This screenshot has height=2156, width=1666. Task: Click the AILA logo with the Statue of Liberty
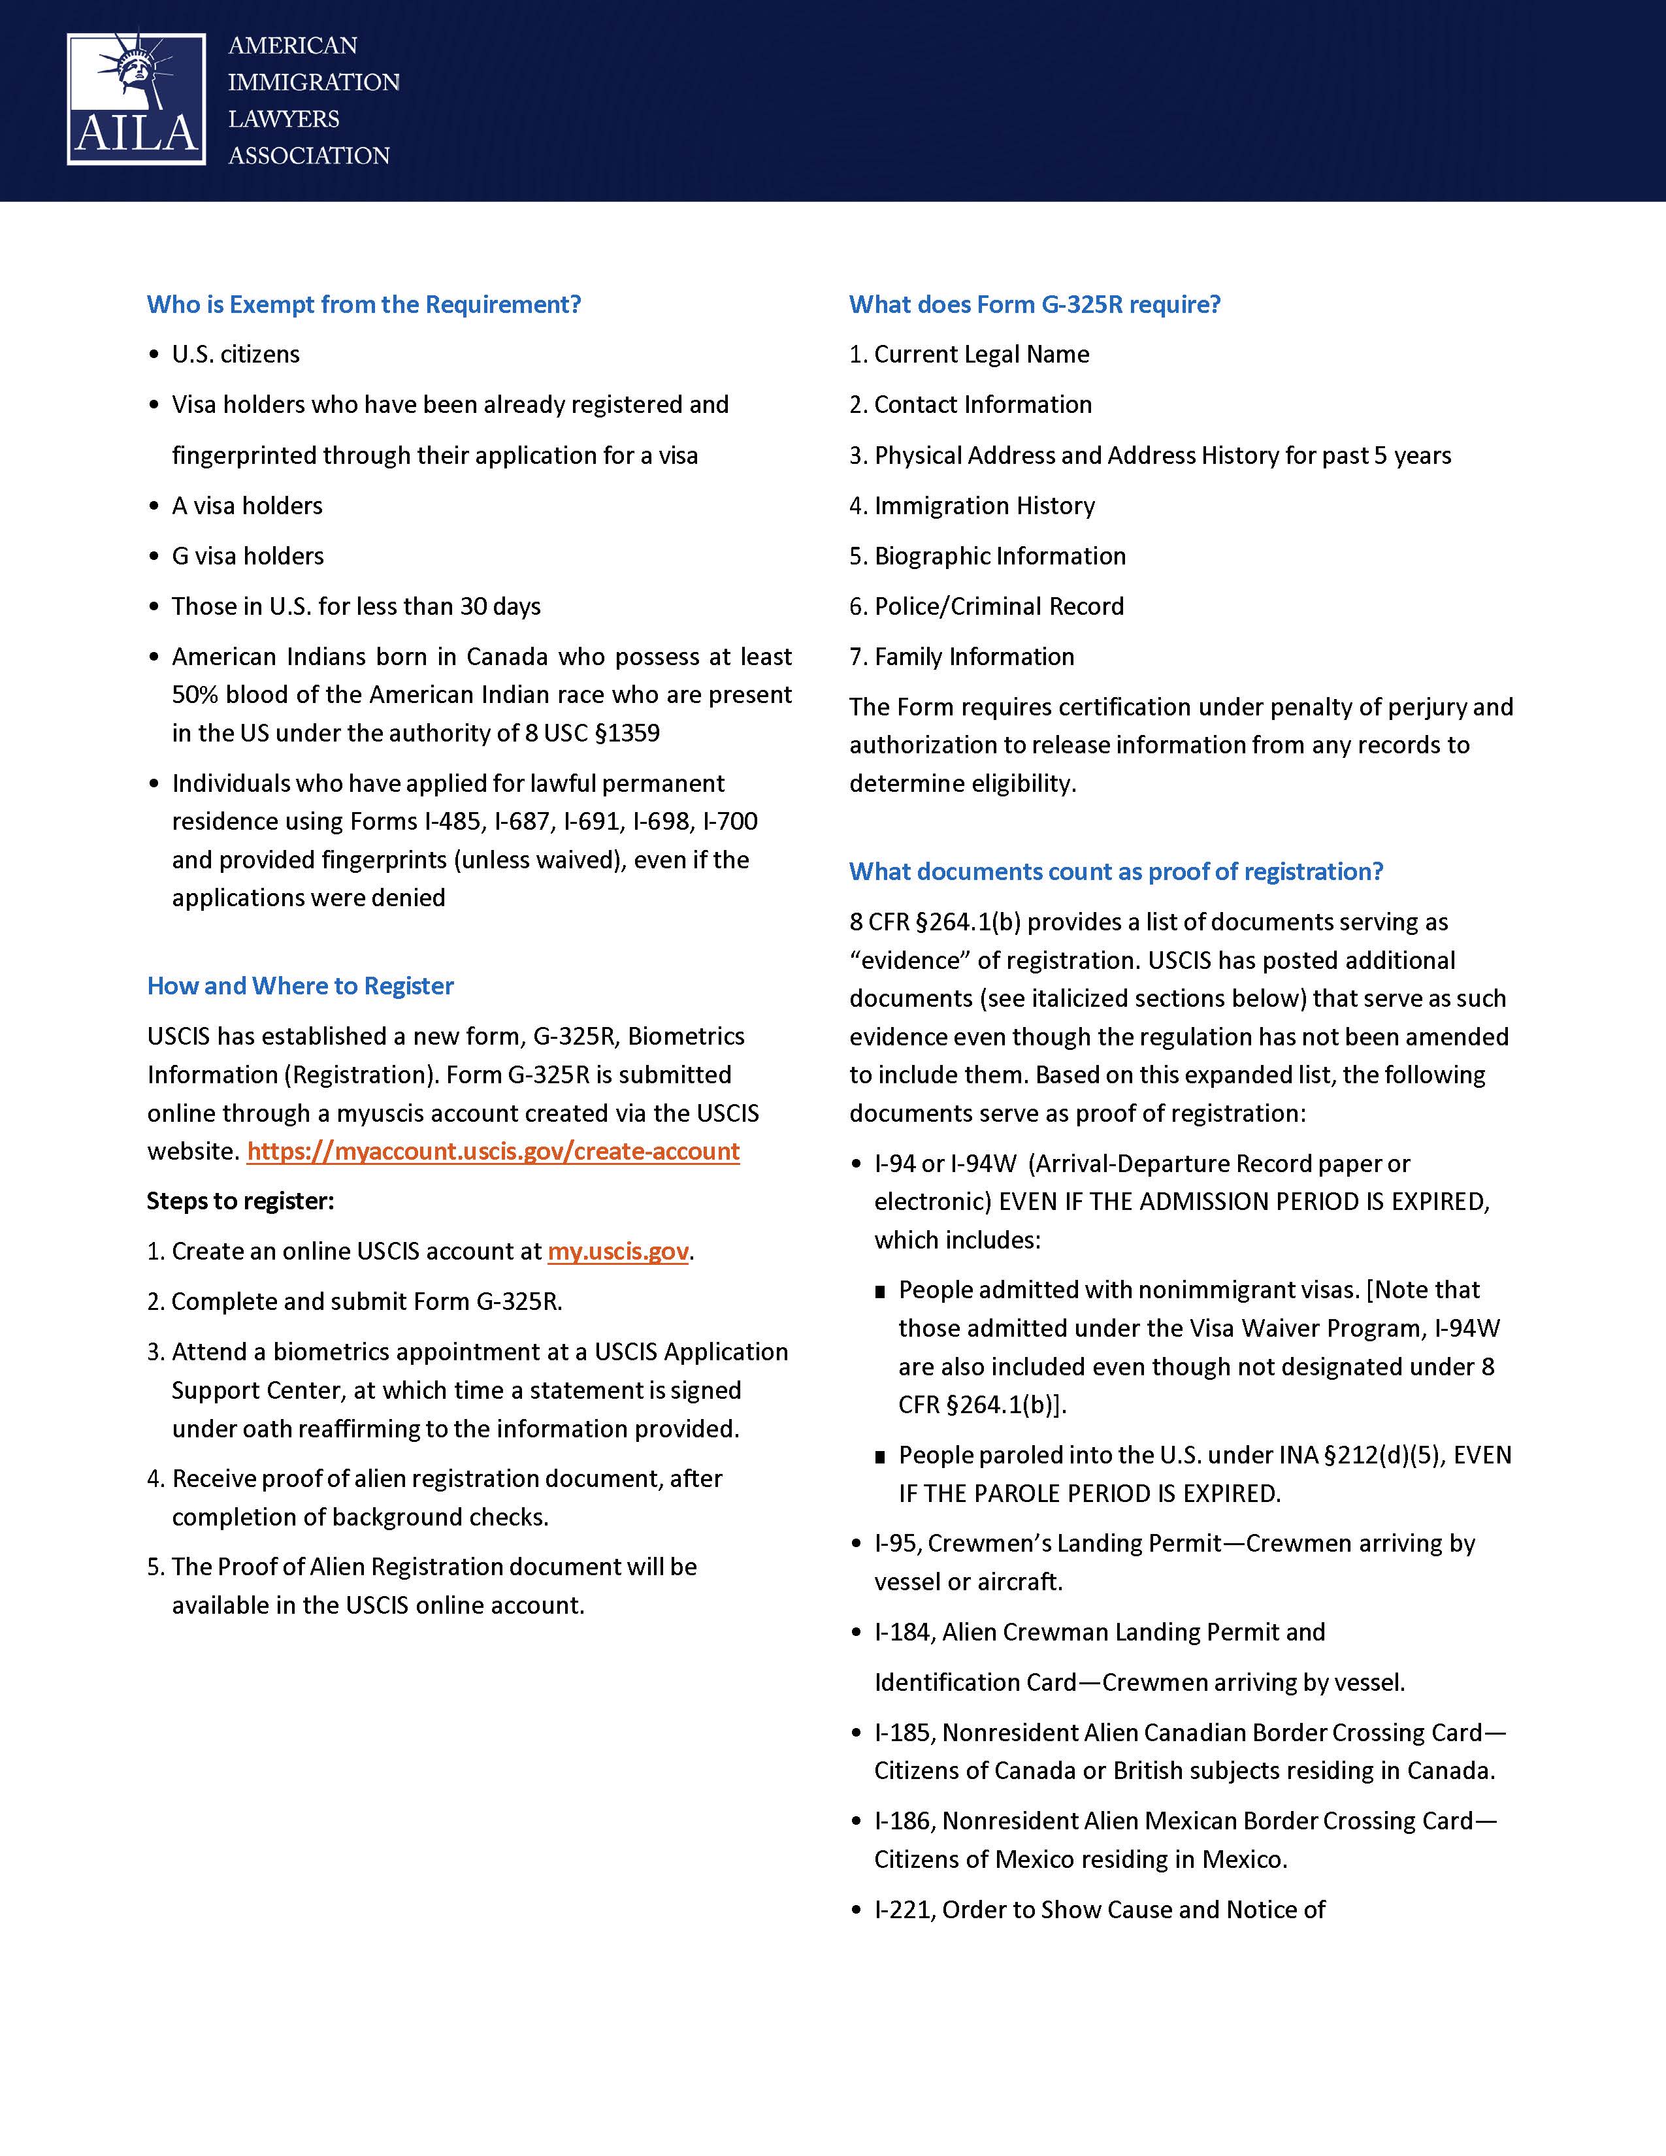coord(136,99)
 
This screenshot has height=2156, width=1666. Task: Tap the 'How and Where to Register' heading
coord(300,985)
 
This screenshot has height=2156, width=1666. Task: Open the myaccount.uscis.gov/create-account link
coord(493,1151)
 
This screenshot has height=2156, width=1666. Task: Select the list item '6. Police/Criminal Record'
coord(986,606)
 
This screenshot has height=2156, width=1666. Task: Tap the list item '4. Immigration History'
coord(972,506)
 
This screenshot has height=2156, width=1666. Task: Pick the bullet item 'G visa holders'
coord(247,556)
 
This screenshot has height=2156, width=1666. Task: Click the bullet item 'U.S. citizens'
coord(235,354)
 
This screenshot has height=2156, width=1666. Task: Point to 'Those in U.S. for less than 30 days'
coord(355,606)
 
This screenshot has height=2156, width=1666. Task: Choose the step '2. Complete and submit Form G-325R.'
coord(354,1301)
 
